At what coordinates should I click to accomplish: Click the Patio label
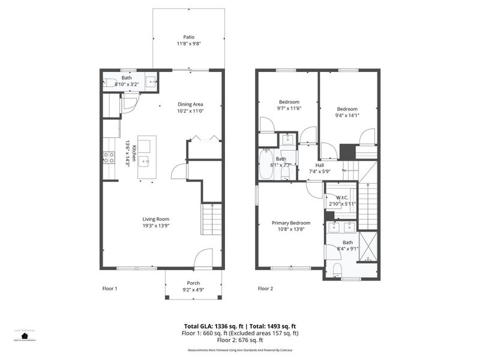point(189,37)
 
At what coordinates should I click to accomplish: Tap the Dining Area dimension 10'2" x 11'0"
point(190,111)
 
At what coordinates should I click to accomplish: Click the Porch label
point(193,283)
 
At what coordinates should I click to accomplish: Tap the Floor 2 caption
point(265,289)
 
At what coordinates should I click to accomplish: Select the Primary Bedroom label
point(291,223)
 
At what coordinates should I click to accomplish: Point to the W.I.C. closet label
point(342,197)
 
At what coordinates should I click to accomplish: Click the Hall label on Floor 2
point(319,165)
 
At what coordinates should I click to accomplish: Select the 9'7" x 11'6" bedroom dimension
point(289,109)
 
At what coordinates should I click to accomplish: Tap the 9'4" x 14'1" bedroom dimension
point(346,116)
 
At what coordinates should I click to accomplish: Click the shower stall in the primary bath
point(368,246)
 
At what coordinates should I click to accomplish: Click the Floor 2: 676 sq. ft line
point(240,340)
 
